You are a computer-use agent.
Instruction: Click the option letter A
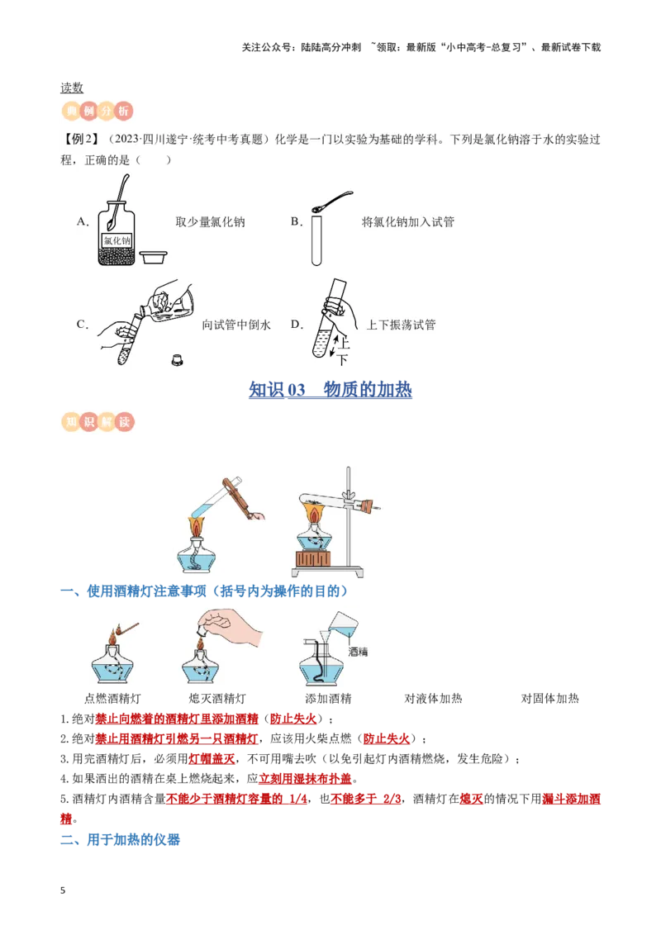[82, 221]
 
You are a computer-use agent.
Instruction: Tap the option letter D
[297, 325]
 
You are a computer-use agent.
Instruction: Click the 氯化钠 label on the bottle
[116, 240]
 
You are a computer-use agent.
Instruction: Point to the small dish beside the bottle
[153, 258]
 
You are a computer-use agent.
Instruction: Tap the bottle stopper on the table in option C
[176, 358]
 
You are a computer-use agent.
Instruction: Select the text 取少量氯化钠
[210, 221]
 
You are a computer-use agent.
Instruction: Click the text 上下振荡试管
[401, 325]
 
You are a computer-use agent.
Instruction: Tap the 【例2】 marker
[80, 140]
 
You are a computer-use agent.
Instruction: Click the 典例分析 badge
[98, 111]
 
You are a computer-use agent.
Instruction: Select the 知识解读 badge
[98, 422]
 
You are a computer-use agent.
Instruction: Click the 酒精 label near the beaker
[358, 651]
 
